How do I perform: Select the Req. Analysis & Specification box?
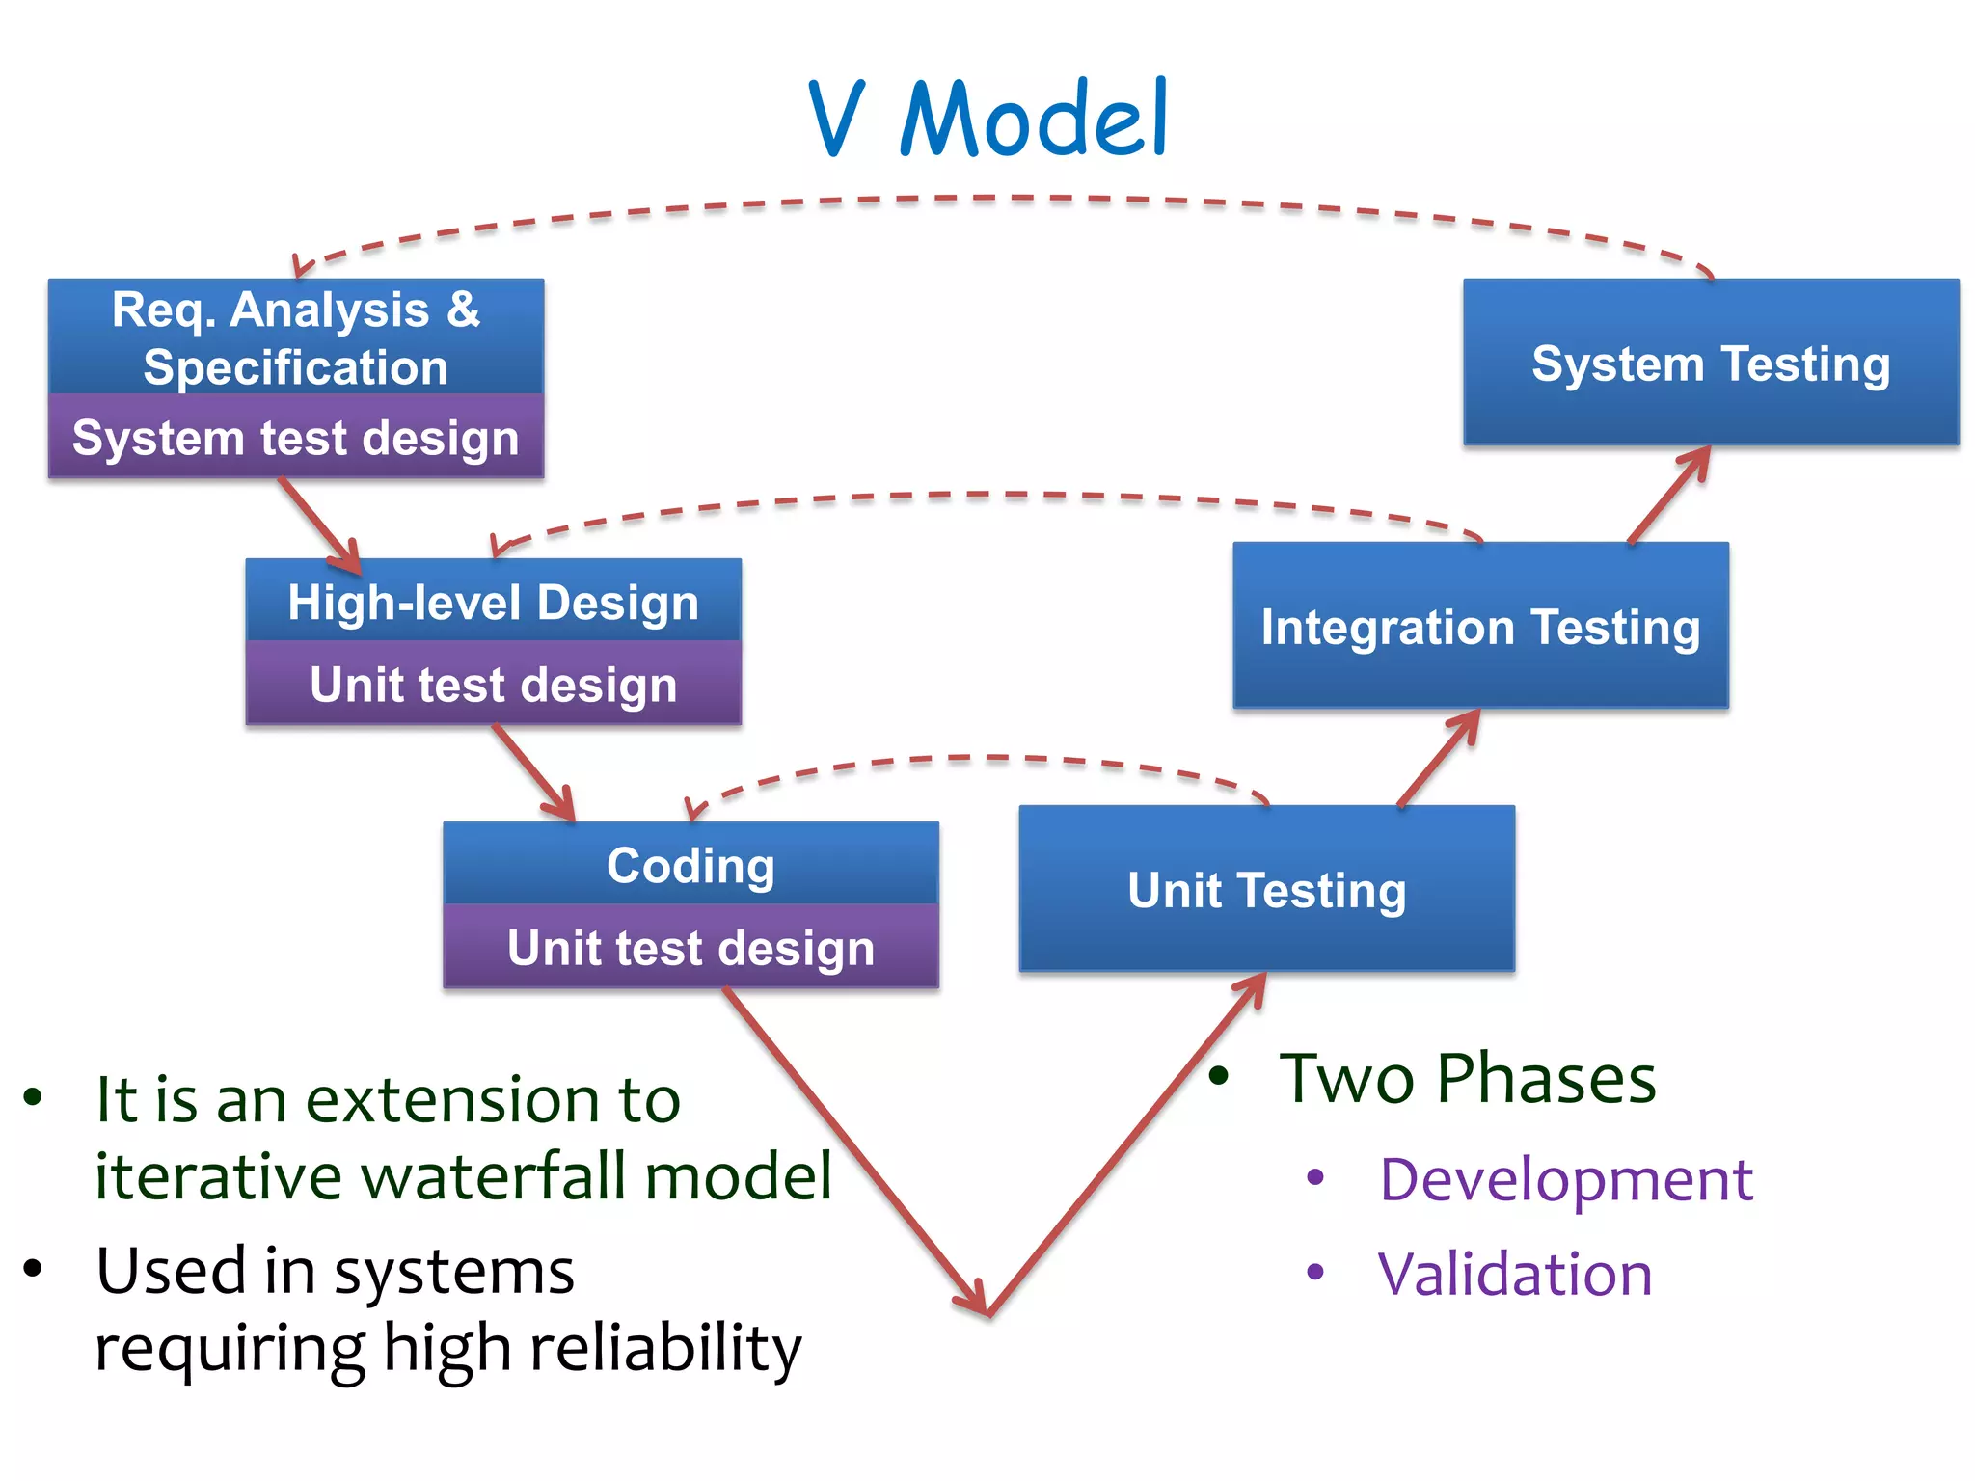pyautogui.click(x=296, y=337)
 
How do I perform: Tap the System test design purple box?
pyautogui.click(x=296, y=438)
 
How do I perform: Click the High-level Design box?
pyautogui.click(x=493, y=602)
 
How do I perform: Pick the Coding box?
pyautogui.click(x=690, y=865)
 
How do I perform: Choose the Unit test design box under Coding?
pyautogui.click(x=690, y=947)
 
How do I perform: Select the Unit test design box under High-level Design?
pyautogui.click(x=493, y=684)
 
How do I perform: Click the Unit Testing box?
pyautogui.click(x=1266, y=889)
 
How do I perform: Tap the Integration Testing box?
pyautogui.click(x=1480, y=626)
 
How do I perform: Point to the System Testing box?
pyautogui.click(x=1711, y=364)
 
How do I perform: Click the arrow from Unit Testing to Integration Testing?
pyautogui.click(x=1439, y=759)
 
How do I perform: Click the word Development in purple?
pyautogui.click(x=1565, y=1178)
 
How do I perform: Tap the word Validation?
pyautogui.click(x=1515, y=1274)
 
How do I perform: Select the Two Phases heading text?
pyautogui.click(x=1467, y=1078)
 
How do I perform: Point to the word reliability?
pyautogui.click(x=665, y=1348)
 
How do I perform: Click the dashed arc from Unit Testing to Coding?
pyautogui.click(x=974, y=759)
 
